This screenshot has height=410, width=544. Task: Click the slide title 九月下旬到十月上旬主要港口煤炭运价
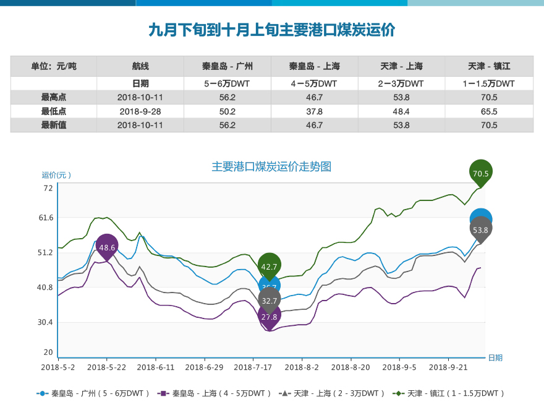point(271,30)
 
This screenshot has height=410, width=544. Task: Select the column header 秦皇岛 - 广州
point(227,66)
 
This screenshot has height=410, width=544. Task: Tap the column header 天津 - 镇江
point(489,66)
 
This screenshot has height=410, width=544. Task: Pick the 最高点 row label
point(54,97)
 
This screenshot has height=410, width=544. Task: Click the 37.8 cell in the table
point(315,111)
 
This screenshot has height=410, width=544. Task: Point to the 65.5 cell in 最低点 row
point(489,111)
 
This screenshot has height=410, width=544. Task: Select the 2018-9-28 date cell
point(140,111)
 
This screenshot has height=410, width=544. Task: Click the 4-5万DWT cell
point(315,83)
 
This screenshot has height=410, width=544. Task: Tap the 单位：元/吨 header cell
point(54,66)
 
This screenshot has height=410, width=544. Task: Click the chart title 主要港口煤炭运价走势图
point(271,167)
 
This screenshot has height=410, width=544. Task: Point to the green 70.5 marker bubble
point(481,173)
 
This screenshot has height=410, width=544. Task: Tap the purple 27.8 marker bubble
point(270,316)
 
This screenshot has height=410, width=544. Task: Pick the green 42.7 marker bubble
point(270,267)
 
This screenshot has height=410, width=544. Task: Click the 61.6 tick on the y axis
point(47,218)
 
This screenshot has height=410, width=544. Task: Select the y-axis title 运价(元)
point(56,175)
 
